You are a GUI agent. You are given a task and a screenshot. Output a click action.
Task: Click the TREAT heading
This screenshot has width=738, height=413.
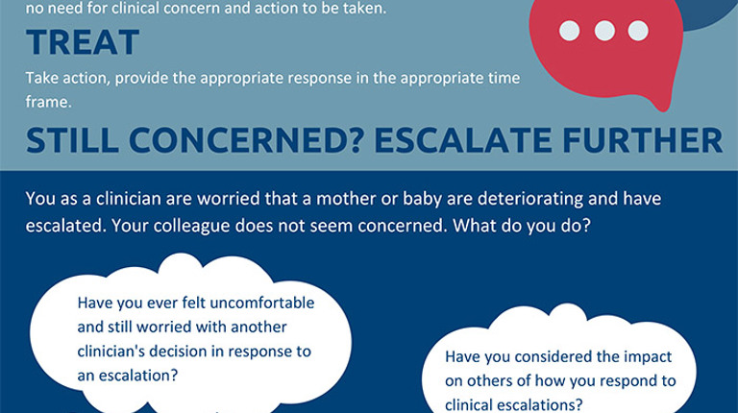coord(83,42)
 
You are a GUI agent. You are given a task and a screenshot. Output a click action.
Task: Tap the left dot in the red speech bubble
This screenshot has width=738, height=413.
coord(570,31)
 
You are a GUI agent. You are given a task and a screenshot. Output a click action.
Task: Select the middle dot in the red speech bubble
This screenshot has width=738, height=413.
coord(604,31)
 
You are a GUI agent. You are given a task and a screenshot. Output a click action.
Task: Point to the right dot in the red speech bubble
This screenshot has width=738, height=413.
coord(638,31)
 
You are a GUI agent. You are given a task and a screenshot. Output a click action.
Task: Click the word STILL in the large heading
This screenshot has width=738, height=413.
coord(72,140)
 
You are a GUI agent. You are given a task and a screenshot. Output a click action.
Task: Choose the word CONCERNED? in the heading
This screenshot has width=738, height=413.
coord(246,140)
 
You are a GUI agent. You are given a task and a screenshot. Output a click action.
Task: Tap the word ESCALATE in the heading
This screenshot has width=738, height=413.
coord(462,140)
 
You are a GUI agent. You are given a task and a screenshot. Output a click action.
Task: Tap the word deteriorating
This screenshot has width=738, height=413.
coord(529,200)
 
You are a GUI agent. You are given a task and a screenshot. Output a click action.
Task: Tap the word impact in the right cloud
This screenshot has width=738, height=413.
coord(648,357)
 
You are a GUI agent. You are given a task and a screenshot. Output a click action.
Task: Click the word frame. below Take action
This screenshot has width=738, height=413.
coord(48,102)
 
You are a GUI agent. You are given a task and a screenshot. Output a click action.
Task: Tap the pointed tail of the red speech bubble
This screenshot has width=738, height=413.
coord(664,109)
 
